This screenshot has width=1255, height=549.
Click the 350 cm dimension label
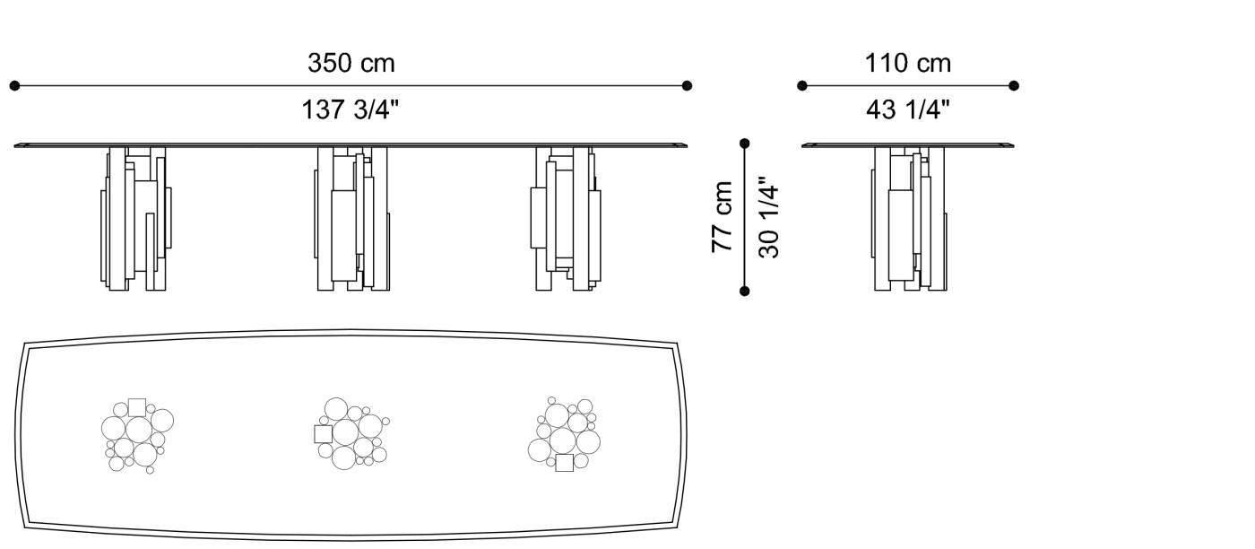(x=351, y=64)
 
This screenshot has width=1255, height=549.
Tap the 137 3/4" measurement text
(x=351, y=110)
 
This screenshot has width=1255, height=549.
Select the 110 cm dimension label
(x=907, y=64)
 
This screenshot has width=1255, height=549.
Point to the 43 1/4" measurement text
(x=907, y=110)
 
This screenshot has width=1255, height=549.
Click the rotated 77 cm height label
(x=723, y=216)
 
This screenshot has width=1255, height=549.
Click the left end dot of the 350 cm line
(x=14, y=86)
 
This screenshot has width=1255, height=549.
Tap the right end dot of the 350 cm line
(x=687, y=86)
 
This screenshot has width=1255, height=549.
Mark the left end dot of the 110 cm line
(x=802, y=86)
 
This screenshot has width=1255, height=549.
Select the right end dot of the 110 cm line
(x=1014, y=86)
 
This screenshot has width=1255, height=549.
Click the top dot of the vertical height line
(x=744, y=143)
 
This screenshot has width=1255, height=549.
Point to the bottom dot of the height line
(x=744, y=291)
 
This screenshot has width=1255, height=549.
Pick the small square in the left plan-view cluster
(x=136, y=407)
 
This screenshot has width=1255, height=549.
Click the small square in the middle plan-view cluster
(x=323, y=434)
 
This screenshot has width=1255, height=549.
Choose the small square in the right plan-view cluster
(x=564, y=463)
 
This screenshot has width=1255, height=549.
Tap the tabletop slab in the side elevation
(x=910, y=144)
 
